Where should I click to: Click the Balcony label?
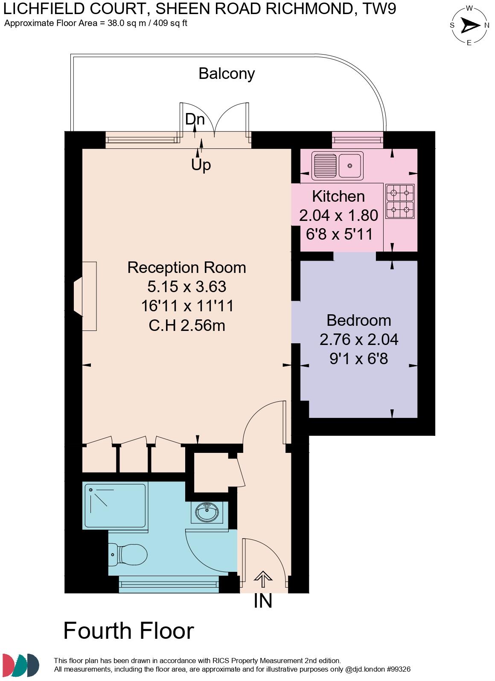click(x=227, y=74)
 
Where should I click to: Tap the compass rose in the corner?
click(x=469, y=26)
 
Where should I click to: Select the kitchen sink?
click(x=337, y=165)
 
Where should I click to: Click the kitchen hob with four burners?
click(x=400, y=201)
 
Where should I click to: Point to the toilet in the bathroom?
click(x=128, y=554)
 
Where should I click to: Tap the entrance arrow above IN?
click(x=263, y=580)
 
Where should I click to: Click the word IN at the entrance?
click(x=263, y=601)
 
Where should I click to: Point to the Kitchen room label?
click(x=338, y=196)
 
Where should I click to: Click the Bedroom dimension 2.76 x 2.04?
click(x=359, y=339)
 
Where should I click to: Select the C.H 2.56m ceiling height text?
click(x=187, y=325)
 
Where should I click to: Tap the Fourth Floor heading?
click(x=128, y=631)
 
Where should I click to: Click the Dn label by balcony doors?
click(x=195, y=119)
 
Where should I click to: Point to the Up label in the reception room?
click(x=201, y=164)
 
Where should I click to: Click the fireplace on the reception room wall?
click(x=85, y=296)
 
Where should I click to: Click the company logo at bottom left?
click(x=20, y=665)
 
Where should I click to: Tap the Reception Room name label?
click(x=187, y=267)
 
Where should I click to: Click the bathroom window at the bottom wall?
click(x=169, y=584)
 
